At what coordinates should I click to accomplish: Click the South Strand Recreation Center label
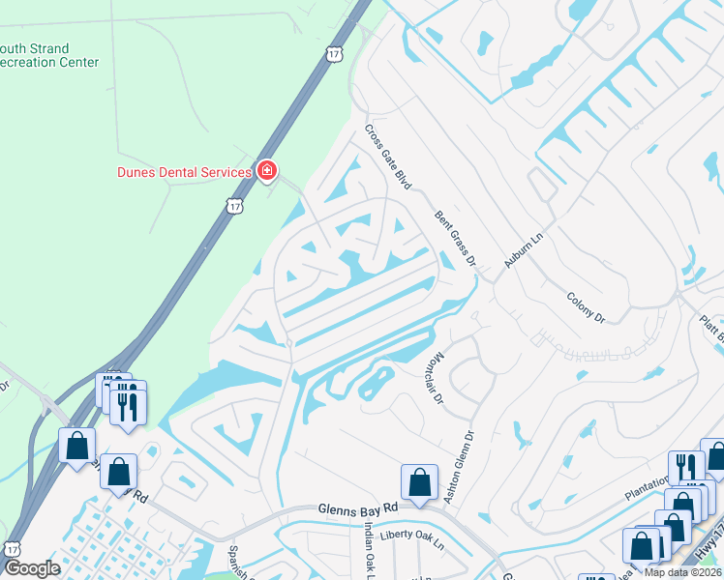tap(49, 55)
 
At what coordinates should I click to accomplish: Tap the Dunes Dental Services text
tap(185, 172)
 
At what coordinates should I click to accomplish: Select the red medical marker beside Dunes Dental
tap(267, 172)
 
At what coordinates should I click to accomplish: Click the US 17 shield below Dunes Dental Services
tap(234, 205)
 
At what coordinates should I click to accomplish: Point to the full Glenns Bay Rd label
tap(358, 508)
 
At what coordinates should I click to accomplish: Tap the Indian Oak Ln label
tap(369, 551)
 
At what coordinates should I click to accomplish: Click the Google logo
tap(32, 568)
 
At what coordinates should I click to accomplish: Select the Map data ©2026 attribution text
tap(682, 572)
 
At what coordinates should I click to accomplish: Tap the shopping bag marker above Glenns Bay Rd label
tap(419, 481)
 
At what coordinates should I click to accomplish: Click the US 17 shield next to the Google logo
tap(11, 548)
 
